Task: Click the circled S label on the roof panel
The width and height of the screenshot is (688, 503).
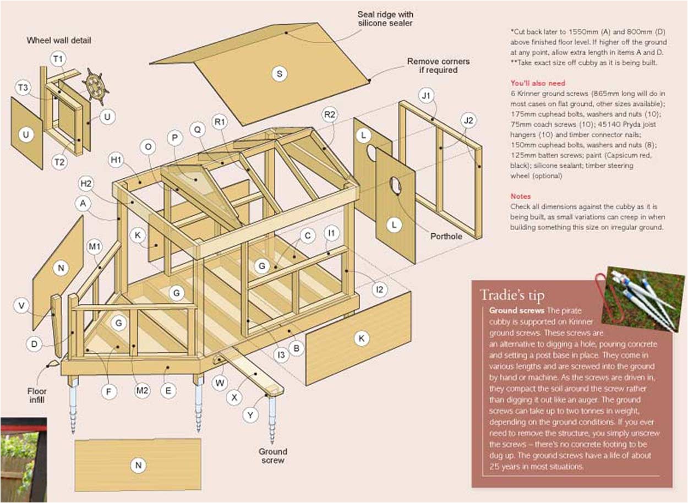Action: (280, 74)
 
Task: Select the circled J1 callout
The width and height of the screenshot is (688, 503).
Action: (426, 95)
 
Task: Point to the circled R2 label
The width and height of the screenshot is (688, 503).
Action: (330, 114)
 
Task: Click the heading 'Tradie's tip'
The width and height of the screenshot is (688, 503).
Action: (511, 296)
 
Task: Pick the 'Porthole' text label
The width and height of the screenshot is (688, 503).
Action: (446, 237)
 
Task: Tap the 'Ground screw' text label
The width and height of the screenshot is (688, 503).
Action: (273, 456)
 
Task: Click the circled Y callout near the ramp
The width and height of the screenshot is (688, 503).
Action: (250, 415)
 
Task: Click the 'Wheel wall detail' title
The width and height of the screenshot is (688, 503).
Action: (58, 40)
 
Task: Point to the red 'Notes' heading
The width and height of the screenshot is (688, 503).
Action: (520, 196)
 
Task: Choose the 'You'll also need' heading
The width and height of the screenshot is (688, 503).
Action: (538, 84)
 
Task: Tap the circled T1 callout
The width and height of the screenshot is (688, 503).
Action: (58, 58)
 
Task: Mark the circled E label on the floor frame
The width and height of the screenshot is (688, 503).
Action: (168, 391)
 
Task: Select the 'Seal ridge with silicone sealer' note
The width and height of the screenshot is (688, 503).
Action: (385, 19)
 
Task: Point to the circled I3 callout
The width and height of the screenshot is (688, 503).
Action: (281, 355)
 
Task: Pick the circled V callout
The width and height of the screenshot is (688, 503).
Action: (21, 305)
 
